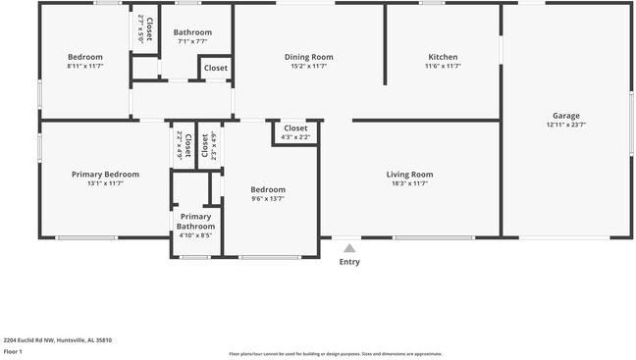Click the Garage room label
(x=566, y=115)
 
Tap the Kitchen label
(x=443, y=57)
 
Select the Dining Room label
(x=309, y=57)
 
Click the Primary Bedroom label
(x=105, y=175)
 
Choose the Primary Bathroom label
(x=195, y=222)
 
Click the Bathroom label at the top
(x=192, y=32)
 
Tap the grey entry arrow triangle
(x=349, y=248)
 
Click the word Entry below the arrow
(x=349, y=262)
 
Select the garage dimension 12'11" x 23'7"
(x=566, y=125)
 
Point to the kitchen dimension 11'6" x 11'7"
(x=443, y=67)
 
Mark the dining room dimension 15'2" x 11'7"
(x=309, y=67)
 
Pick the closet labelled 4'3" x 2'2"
(x=295, y=137)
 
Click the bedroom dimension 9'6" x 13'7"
(x=267, y=199)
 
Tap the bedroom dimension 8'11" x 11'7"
(x=84, y=67)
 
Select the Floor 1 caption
(x=13, y=351)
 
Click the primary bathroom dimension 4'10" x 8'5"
(x=195, y=235)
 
